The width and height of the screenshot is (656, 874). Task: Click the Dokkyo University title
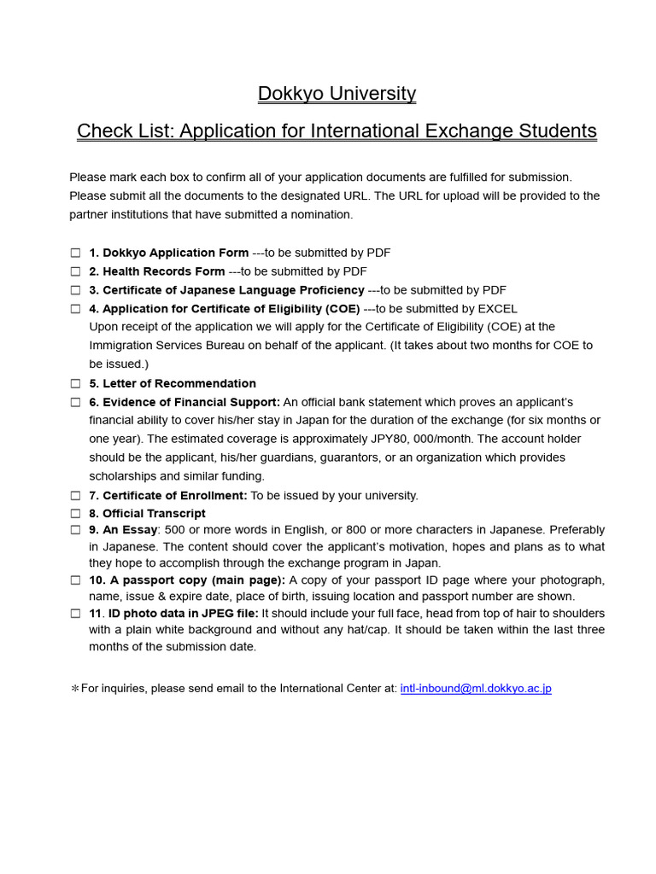(x=337, y=94)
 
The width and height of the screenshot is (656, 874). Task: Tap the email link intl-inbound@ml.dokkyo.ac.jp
(x=476, y=689)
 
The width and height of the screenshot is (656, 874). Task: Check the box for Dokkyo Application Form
(x=75, y=253)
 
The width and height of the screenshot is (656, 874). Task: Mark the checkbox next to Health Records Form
(x=75, y=272)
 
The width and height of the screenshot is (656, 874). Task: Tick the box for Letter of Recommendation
(x=75, y=384)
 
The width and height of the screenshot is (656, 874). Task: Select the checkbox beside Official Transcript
(x=75, y=514)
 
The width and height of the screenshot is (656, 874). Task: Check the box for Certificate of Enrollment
(x=75, y=496)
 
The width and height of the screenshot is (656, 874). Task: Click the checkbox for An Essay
(x=75, y=530)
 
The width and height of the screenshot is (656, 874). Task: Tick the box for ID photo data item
(x=75, y=614)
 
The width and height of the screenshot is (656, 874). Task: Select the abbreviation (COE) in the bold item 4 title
(x=343, y=309)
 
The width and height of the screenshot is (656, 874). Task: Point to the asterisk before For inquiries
(x=74, y=689)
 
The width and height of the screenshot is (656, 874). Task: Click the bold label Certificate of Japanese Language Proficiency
(x=233, y=291)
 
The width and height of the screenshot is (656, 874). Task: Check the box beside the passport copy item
(x=75, y=580)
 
